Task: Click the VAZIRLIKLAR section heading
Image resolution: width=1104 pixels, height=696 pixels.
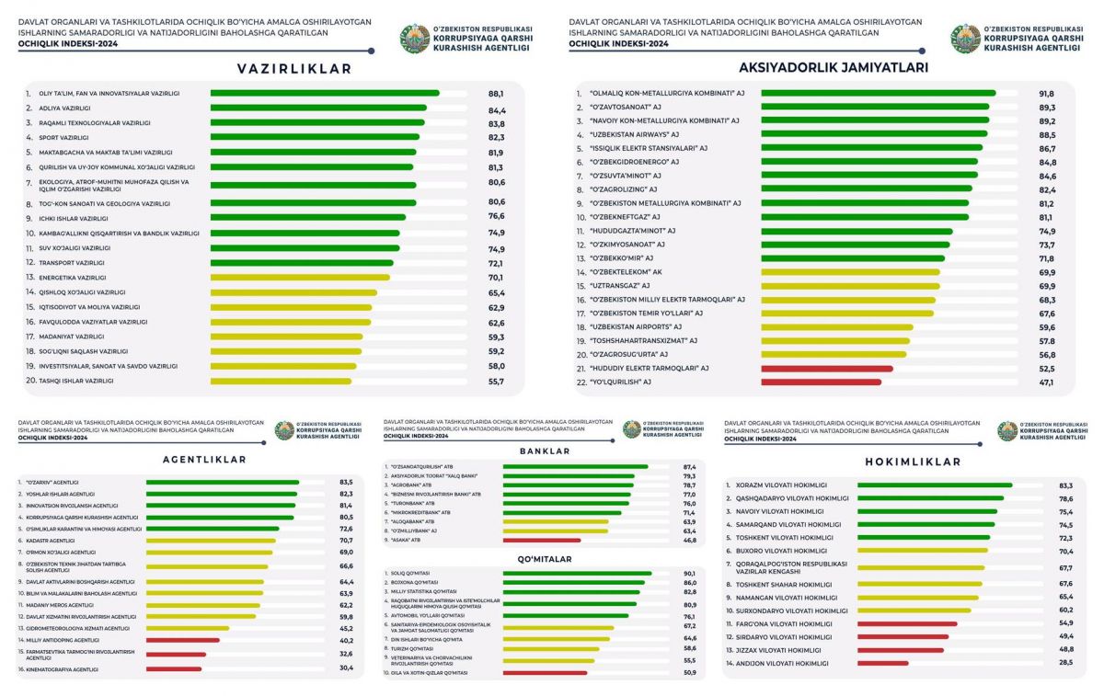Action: [281, 69]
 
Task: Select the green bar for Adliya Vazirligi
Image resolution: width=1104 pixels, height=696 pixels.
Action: [318, 108]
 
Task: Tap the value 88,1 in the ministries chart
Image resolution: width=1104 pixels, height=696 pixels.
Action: [496, 93]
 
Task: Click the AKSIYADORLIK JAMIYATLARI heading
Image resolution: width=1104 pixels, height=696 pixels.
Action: [834, 67]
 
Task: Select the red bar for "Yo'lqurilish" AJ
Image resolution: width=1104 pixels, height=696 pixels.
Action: [821, 382]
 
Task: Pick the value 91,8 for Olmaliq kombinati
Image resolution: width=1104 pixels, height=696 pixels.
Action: [1047, 93]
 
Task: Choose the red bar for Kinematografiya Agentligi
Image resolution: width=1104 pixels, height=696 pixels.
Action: [174, 668]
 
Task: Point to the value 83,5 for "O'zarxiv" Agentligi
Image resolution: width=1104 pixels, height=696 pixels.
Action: [347, 482]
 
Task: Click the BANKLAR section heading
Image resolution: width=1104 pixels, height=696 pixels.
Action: [545, 451]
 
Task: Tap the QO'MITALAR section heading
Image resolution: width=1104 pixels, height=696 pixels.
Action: [545, 558]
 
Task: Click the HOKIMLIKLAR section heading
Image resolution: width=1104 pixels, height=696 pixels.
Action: [913, 462]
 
